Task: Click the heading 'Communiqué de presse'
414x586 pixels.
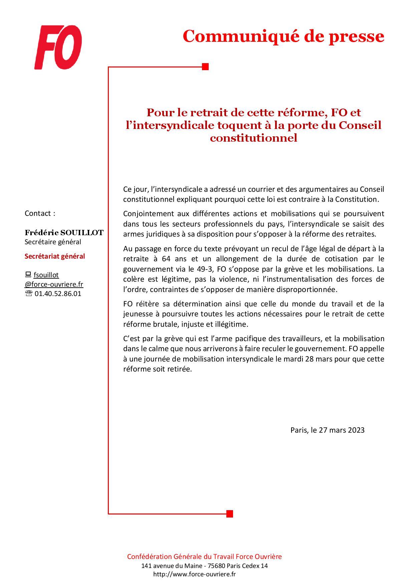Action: click(283, 36)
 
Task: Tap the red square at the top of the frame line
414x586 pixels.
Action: click(205, 67)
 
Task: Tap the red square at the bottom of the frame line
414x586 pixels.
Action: click(229, 514)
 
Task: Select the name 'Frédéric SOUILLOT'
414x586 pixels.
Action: click(64, 233)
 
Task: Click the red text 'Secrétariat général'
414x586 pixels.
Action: click(55, 256)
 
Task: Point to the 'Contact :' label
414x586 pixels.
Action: click(40, 213)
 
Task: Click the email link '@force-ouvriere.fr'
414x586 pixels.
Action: click(54, 284)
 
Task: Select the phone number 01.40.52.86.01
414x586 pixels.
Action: click(58, 294)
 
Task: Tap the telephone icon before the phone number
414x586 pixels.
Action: click(29, 294)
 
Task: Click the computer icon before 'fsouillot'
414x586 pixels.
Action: click(28, 275)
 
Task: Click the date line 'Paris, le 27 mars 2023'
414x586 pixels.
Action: click(327, 430)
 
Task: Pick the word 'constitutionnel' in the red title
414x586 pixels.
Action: click(253, 138)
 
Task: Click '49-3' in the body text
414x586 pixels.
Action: click(206, 269)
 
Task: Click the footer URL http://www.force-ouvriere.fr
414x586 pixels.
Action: click(194, 574)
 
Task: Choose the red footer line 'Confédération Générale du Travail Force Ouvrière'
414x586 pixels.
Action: click(204, 556)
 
